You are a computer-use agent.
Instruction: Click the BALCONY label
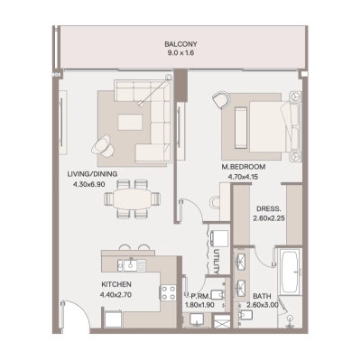[180, 43]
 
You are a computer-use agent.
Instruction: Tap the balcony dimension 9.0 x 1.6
[180, 53]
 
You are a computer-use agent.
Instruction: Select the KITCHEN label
[116, 285]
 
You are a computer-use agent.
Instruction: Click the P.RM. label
[199, 296]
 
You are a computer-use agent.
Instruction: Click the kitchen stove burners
[166, 292]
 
